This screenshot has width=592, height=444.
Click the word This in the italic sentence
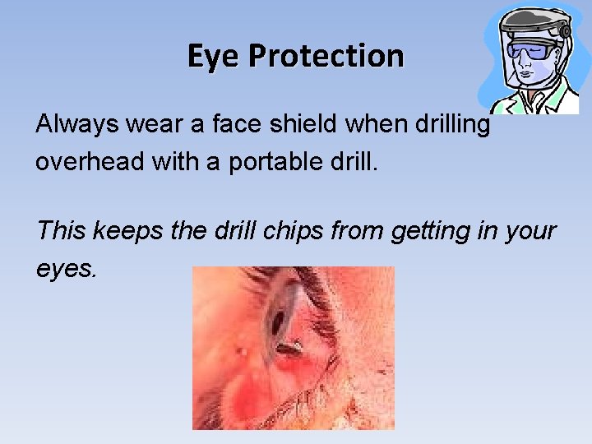tap(62, 231)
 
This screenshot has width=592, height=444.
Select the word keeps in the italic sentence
tap(124, 231)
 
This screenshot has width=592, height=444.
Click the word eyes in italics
tap(66, 267)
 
